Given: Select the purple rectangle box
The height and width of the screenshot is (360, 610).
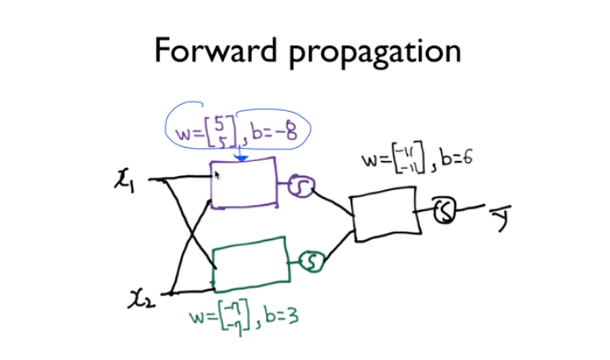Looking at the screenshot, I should pos(245,183).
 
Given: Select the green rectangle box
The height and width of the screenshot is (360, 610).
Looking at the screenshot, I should pos(252,264).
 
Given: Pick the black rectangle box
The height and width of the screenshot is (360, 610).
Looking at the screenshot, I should pos(391,217).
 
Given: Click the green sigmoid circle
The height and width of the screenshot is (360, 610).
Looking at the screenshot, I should pos(312,260).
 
